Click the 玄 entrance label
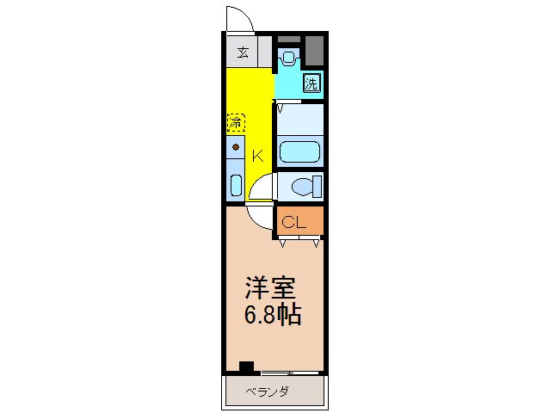[x=243, y=52]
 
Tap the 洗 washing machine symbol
[x=312, y=83]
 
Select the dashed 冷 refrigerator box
[x=236, y=123]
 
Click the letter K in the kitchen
[x=256, y=156]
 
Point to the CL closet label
[x=295, y=222]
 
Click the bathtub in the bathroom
[x=299, y=151]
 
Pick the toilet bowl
[x=303, y=185]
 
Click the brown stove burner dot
[x=236, y=147]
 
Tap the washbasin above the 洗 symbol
[x=288, y=59]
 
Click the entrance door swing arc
[x=238, y=17]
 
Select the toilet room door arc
[x=265, y=185]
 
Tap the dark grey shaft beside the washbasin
[x=315, y=51]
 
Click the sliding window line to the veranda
[x=290, y=373]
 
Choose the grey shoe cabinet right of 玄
[x=264, y=52]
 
